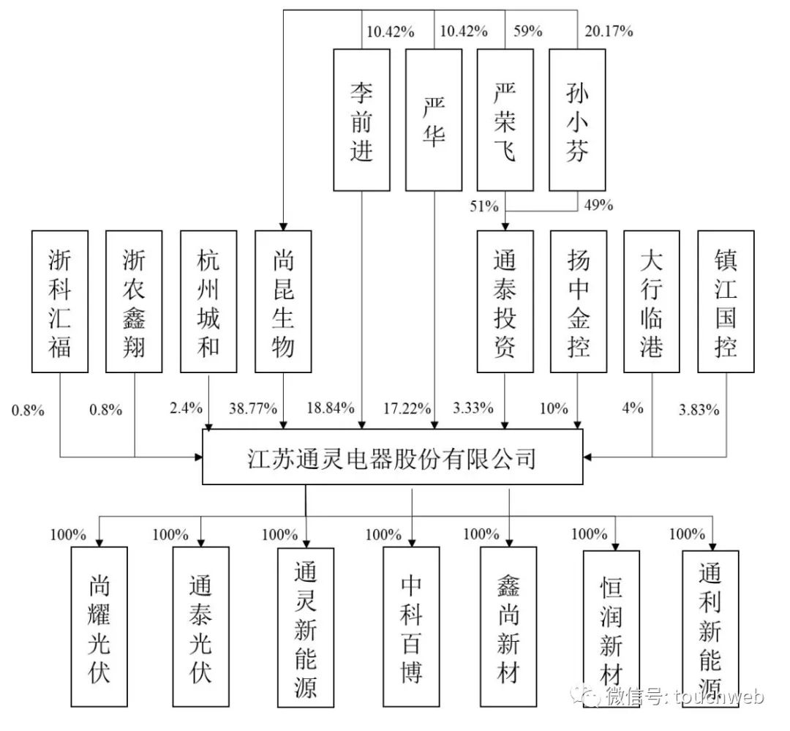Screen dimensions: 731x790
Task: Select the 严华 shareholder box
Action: click(x=434, y=120)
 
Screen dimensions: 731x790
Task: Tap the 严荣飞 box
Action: click(x=505, y=120)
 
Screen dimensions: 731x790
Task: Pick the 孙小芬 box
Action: click(x=577, y=120)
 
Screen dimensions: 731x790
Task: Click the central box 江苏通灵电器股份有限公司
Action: click(x=393, y=457)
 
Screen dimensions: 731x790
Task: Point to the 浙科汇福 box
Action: click(x=60, y=301)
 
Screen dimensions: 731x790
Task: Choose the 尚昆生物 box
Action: click(x=283, y=301)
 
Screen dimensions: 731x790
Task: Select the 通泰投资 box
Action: click(x=505, y=301)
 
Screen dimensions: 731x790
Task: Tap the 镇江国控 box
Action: click(x=726, y=301)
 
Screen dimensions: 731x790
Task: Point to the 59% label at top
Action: click(x=528, y=31)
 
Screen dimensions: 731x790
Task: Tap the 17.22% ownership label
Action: click(x=407, y=408)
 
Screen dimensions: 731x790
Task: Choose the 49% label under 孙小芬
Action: click(x=599, y=205)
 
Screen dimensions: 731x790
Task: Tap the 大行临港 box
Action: click(x=652, y=301)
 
